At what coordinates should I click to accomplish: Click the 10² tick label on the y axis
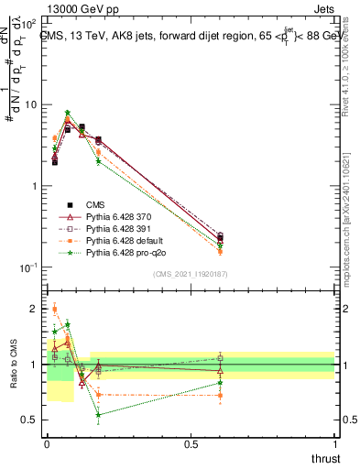pyautogui.click(x=29, y=23)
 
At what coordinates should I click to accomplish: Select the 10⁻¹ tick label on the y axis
pyautogui.click(x=29, y=267)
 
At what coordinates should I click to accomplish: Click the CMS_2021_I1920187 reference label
pyautogui.click(x=191, y=274)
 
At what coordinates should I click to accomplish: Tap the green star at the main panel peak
pyautogui.click(x=68, y=113)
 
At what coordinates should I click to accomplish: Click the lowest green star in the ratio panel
pyautogui.click(x=98, y=415)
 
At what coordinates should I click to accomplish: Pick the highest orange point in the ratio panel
pyautogui.click(x=55, y=310)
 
